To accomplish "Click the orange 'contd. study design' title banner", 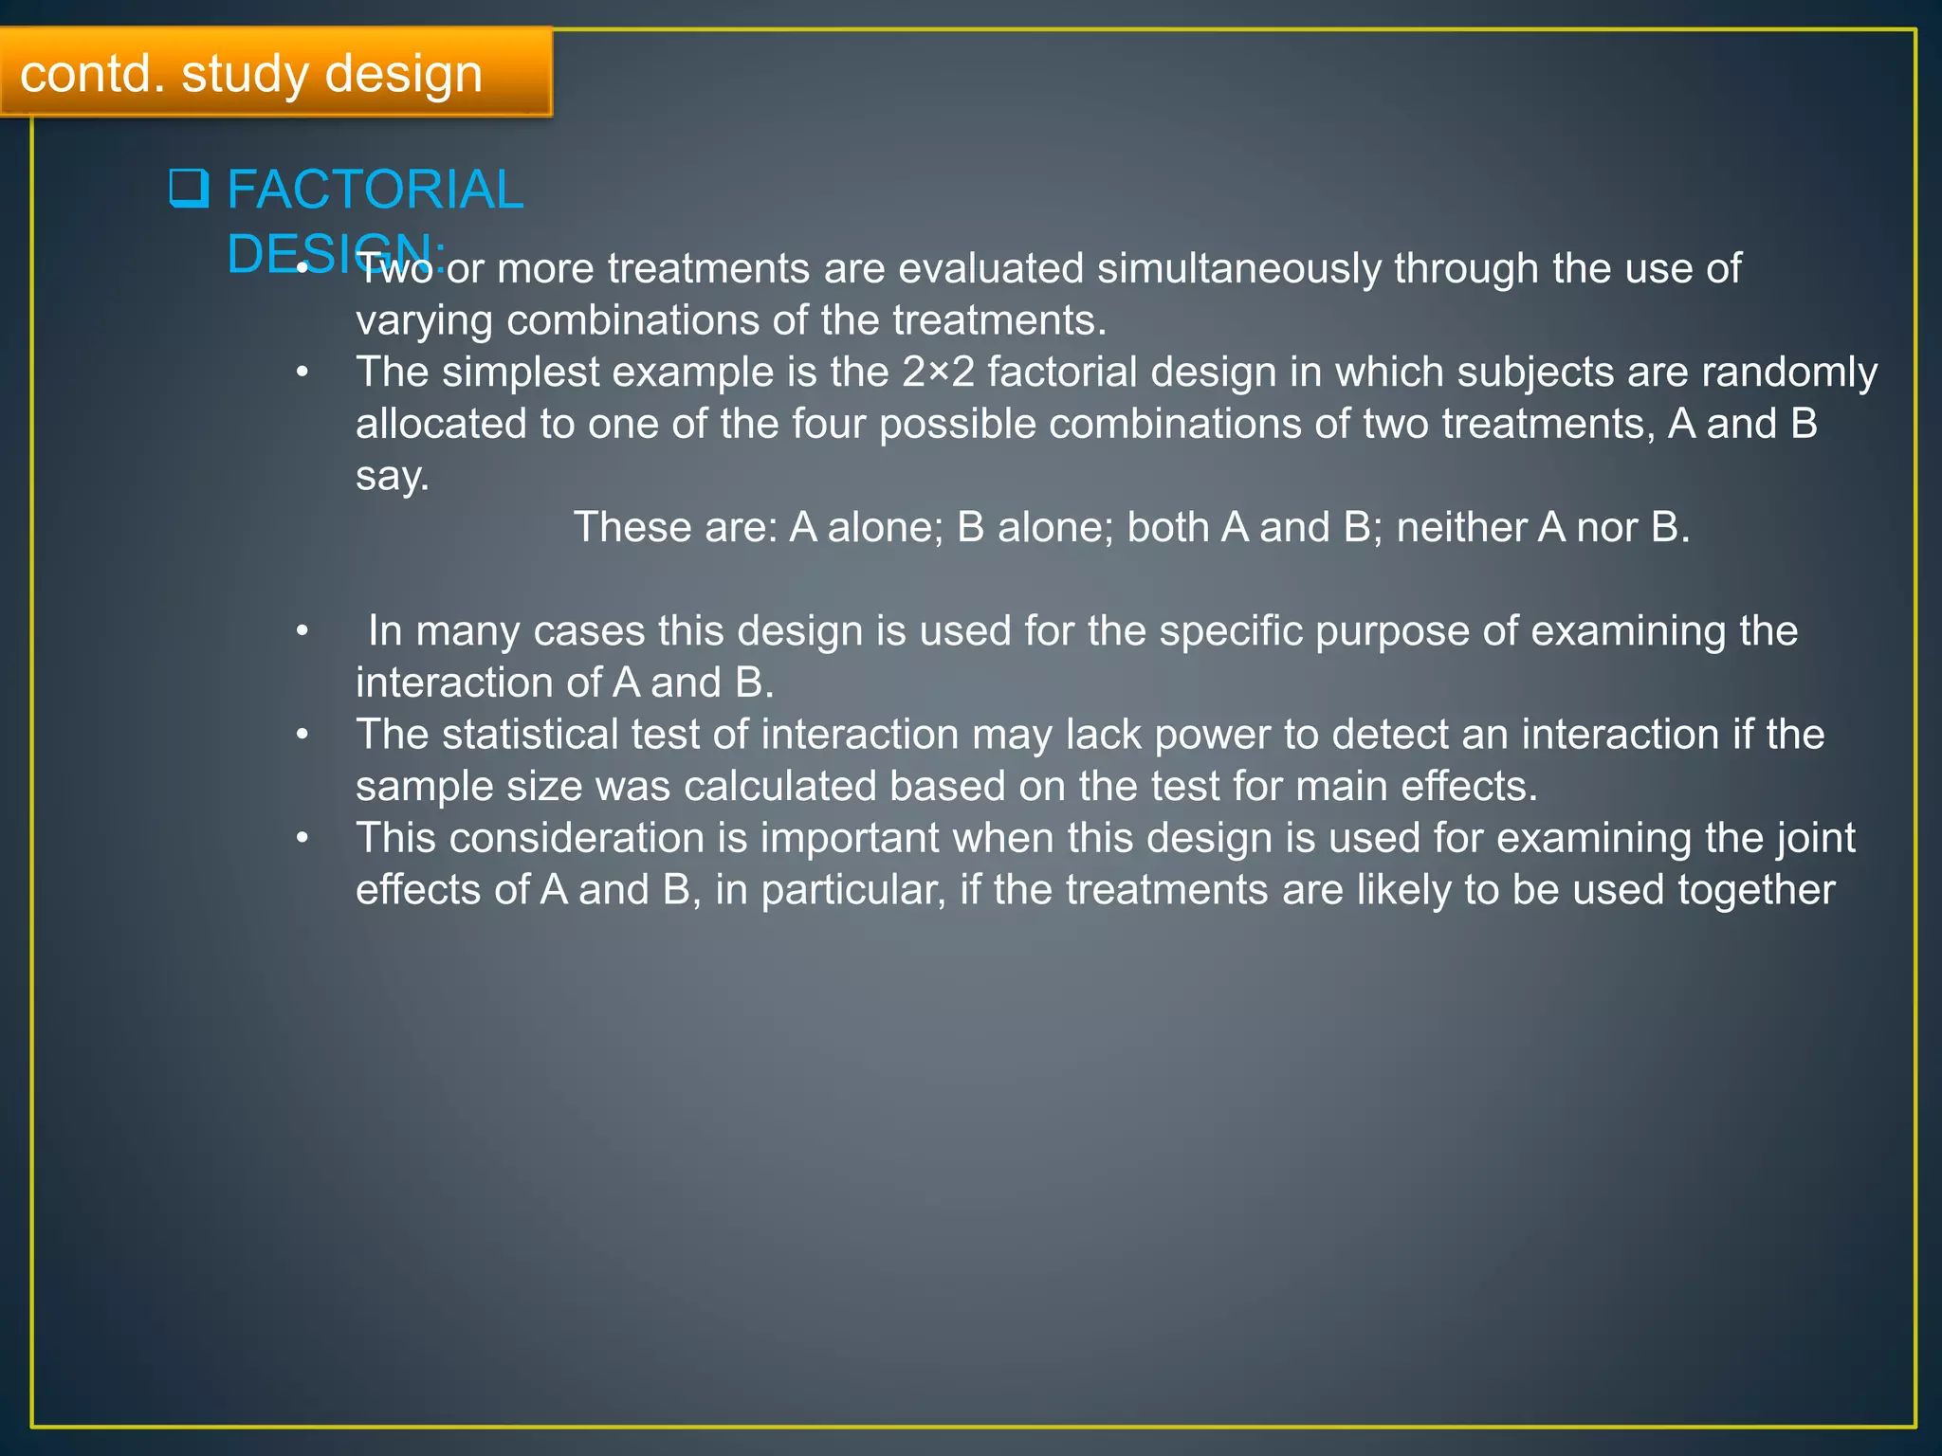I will tap(275, 73).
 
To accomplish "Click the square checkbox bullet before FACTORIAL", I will tap(189, 189).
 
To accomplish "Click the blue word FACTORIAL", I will tap(375, 190).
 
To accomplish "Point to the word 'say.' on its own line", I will tap(392, 476).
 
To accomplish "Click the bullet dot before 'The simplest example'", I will tap(302, 373).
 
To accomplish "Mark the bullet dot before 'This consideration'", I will tap(302, 838).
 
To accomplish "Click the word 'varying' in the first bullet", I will tap(424, 321).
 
